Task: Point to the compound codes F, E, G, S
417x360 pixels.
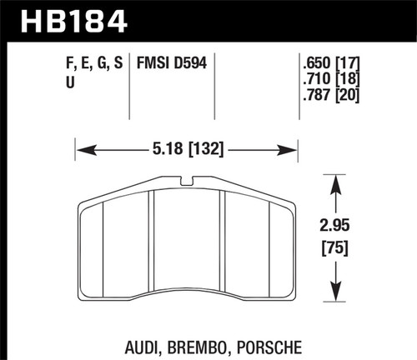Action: [95, 62]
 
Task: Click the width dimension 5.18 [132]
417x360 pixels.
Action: [188, 152]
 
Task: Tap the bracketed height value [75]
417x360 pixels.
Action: [335, 247]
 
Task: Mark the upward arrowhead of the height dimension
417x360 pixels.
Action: [335, 178]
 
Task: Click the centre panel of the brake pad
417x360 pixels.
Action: [188, 242]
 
